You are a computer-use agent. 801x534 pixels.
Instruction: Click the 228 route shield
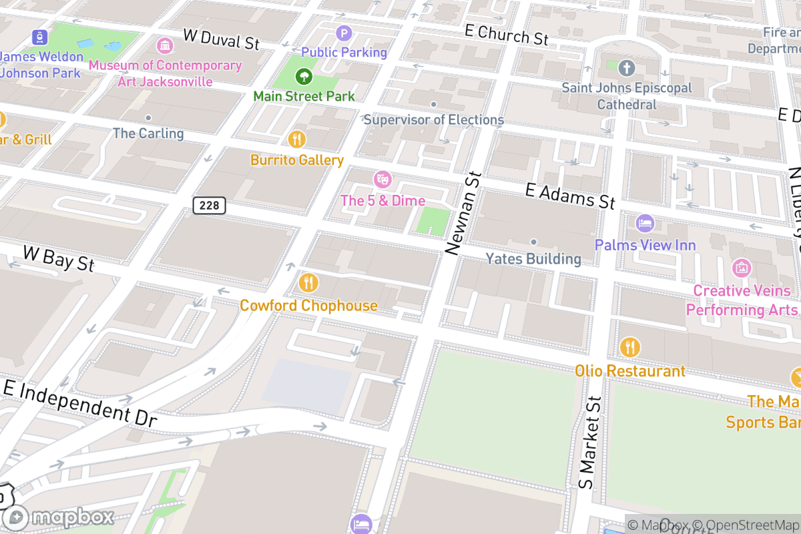209,206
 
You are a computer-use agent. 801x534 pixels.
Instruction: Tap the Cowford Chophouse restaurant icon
307,283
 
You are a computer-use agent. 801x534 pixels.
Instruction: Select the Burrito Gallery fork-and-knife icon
297,140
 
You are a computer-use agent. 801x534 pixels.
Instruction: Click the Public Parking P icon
344,33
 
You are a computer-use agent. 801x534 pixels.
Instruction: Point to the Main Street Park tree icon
304,76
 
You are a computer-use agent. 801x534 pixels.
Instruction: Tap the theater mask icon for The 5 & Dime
382,179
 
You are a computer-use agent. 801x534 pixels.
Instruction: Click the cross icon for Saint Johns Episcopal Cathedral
626,67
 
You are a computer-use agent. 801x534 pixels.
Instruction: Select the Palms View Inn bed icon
645,224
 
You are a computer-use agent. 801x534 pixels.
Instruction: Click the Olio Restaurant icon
629,347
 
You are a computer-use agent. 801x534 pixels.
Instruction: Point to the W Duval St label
220,39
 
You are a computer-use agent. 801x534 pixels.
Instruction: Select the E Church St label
506,35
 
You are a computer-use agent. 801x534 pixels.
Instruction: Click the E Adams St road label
569,196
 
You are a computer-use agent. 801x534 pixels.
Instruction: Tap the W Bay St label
59,258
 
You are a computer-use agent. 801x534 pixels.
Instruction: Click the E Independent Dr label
80,403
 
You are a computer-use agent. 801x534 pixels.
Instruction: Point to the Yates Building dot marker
533,242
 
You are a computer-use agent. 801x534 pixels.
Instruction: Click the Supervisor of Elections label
433,120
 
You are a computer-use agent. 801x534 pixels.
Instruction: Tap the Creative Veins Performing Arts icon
742,268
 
